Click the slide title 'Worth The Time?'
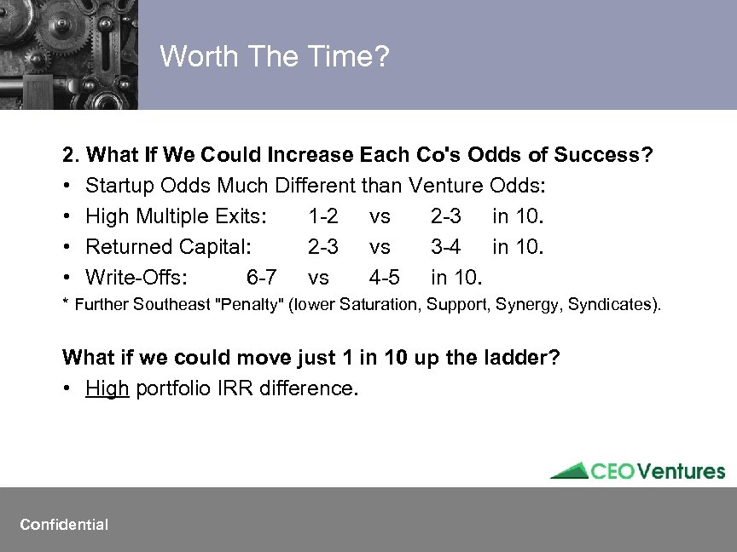coord(275,57)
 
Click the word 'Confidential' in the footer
coord(64,525)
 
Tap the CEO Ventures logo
coord(637,471)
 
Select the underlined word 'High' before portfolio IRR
coord(107,388)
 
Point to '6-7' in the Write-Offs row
coord(261,278)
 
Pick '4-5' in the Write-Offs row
coord(384,278)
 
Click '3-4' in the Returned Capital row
coord(445,247)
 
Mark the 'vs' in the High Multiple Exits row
coord(380,216)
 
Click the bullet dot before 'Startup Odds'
coord(67,187)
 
